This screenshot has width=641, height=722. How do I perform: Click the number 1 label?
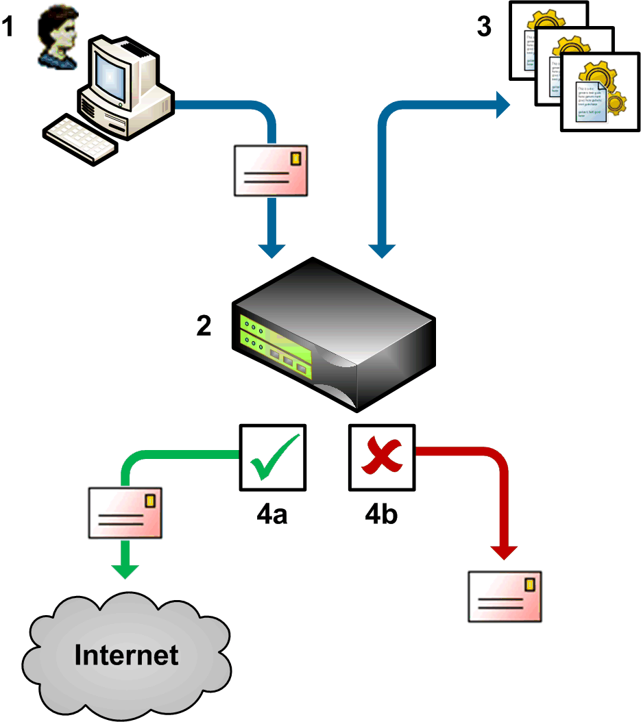pos(8,29)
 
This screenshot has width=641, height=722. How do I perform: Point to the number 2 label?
pos(204,327)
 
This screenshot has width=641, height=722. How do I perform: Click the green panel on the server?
pos(274,346)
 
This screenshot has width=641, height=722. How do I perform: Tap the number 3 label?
pos(485,28)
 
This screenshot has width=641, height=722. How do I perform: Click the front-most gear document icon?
pos(594,95)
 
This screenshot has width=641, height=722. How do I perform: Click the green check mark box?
pos(273,458)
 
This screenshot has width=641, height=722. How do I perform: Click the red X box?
pos(382,458)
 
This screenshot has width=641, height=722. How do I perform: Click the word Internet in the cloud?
pos(127,655)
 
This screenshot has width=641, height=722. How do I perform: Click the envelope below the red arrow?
pos(505,597)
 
